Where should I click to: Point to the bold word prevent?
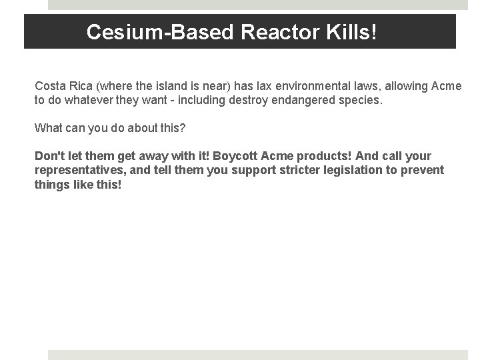423,170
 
